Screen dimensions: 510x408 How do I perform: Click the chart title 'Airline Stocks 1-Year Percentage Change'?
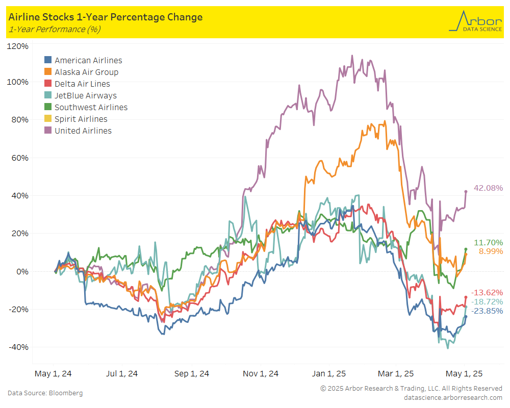click(106, 17)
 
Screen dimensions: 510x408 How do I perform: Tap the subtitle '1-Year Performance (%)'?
click(55, 29)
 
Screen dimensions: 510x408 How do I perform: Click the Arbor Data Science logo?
click(475, 21)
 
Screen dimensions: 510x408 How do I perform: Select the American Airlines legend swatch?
click(48, 60)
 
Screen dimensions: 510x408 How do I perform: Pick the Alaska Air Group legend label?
click(87, 72)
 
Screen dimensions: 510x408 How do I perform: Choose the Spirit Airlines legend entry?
click(76, 119)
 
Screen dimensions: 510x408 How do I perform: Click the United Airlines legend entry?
click(78, 131)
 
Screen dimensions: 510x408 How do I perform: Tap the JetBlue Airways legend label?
click(86, 96)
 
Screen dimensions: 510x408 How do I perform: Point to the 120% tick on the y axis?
click(17, 46)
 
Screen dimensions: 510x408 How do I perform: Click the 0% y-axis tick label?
click(22, 271)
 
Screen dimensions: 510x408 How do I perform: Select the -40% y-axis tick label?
click(18, 347)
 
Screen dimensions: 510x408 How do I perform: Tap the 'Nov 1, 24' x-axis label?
click(261, 373)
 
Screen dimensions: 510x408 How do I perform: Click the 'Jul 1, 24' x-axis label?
click(122, 373)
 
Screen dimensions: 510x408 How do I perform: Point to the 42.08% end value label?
click(488, 188)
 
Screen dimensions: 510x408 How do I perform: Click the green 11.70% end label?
click(488, 242)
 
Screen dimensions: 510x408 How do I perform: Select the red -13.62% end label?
click(487, 293)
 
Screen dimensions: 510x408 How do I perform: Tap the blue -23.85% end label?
click(487, 311)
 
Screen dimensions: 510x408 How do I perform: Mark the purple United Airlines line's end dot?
click(466, 192)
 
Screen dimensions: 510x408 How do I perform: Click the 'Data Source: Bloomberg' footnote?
click(45, 393)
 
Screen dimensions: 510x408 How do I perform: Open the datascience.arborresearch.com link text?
click(453, 398)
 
